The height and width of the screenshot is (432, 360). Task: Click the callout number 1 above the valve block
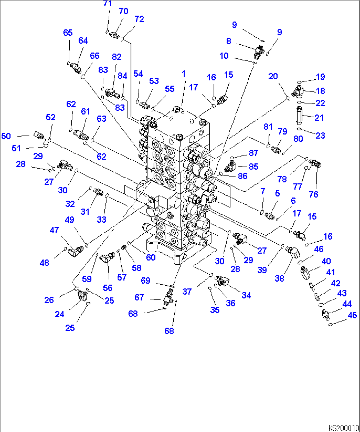coord(184,74)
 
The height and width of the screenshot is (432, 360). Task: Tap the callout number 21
coord(319,118)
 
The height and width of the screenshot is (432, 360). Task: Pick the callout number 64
coord(83,41)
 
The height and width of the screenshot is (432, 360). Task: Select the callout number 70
coord(123,12)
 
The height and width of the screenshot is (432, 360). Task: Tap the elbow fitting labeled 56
coord(106,257)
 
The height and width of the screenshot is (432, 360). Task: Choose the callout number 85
coord(253,167)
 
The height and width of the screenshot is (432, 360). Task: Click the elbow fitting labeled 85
coord(232,166)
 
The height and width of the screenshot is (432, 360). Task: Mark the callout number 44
coord(347,304)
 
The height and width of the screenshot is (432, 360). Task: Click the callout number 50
coord(6,136)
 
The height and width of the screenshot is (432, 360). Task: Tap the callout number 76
coord(313,194)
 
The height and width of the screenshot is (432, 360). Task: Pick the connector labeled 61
coord(81,134)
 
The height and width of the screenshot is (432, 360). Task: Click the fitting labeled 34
coord(221,281)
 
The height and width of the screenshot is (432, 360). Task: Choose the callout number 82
coord(117,57)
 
